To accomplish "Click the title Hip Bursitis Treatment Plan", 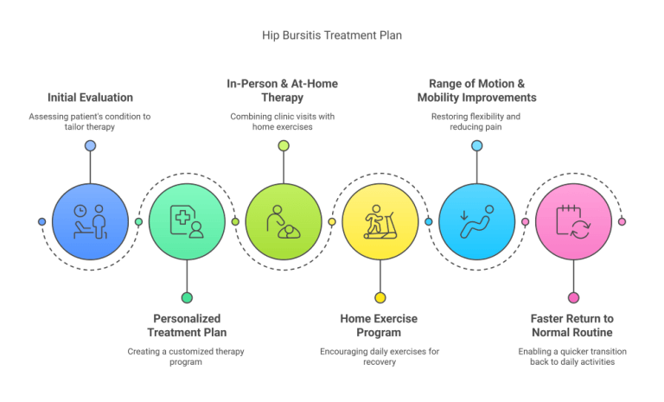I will pos(332,35).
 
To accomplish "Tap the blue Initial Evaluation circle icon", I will pos(90,221).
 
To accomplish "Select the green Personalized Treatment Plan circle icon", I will pos(187,221).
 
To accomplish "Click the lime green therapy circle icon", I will pos(284,221).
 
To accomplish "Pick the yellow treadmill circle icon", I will pos(380,221).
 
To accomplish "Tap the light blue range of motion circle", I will pos(476,221).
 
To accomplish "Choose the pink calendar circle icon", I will pos(573,221).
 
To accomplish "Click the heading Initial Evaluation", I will pos(90,98).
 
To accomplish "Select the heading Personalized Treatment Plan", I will pos(186,325).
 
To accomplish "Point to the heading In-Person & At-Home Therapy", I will pos(283,90).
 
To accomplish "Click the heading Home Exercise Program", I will pos(380,325).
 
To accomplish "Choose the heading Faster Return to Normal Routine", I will pos(572,325).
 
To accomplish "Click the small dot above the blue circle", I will pos(90,146).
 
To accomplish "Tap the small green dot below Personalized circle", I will pos(187,297).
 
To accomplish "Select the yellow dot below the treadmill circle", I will pos(380,297).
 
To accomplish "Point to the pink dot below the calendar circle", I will pos(573,297).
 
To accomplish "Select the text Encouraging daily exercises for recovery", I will pos(380,357).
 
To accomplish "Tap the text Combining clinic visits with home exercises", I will pos(283,122).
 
